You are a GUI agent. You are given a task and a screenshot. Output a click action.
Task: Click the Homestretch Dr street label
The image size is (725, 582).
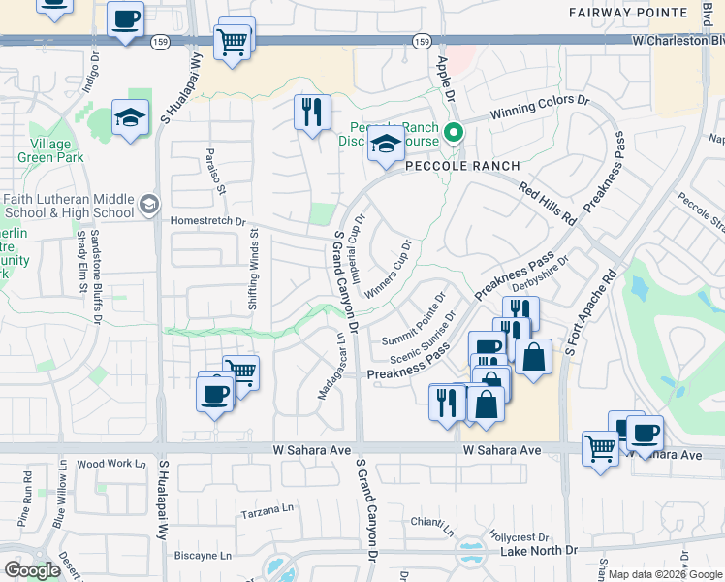click(x=208, y=220)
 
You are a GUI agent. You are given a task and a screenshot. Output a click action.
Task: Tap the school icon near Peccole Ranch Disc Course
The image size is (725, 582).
click(x=386, y=145)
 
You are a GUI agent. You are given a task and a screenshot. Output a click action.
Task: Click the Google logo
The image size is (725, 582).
click(x=33, y=570)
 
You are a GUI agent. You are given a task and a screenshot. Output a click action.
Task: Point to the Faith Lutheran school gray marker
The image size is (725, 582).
click(x=148, y=204)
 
